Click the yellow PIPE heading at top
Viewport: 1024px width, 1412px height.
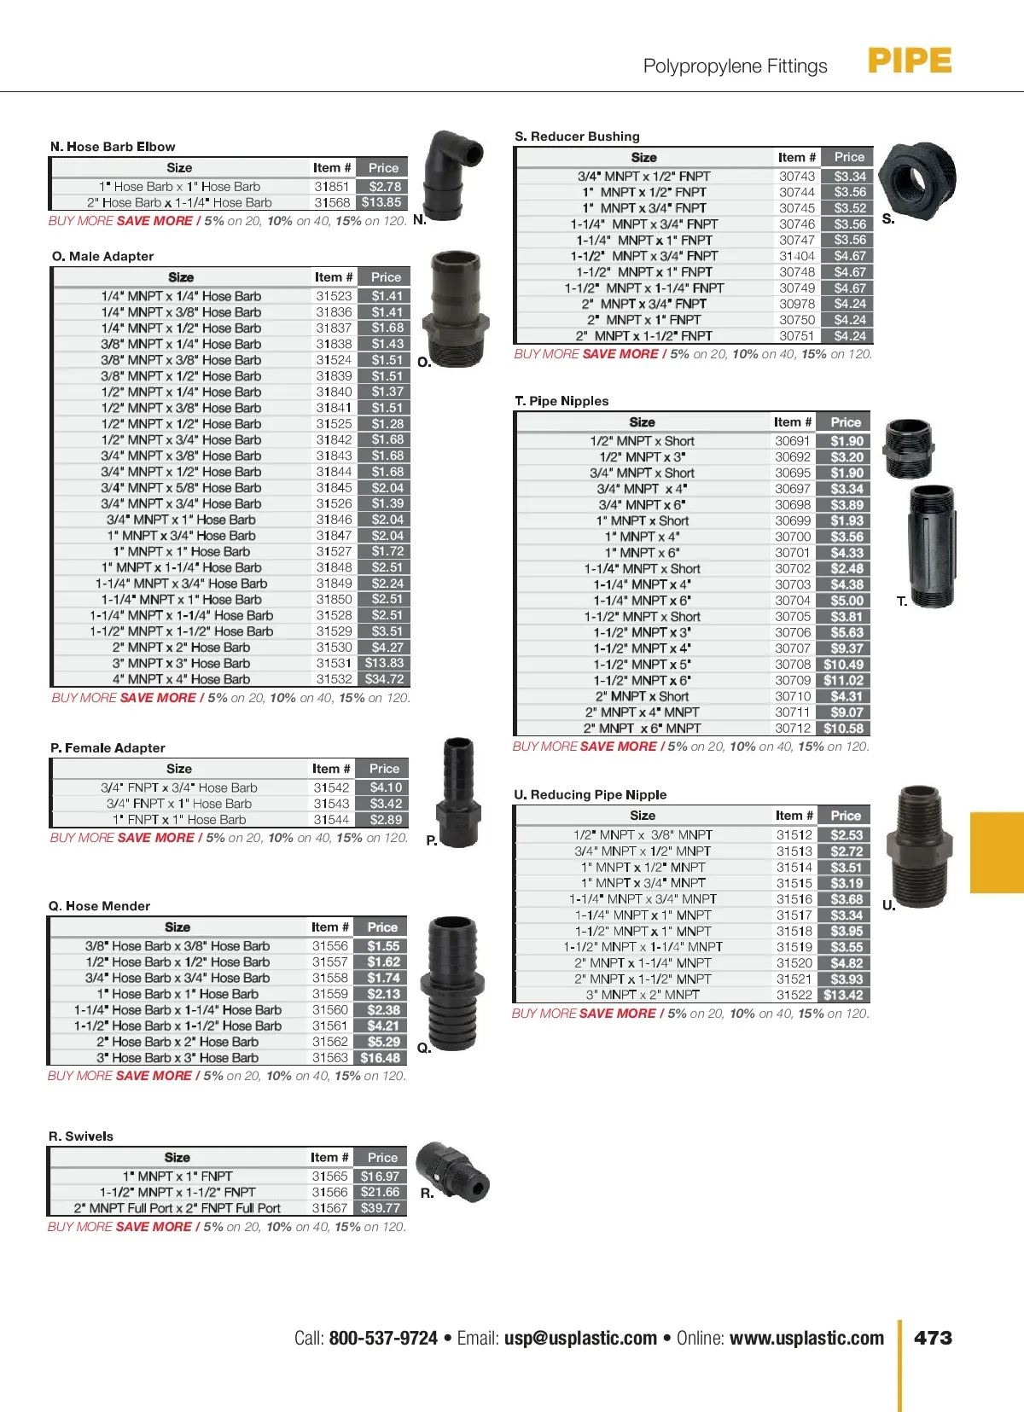910,61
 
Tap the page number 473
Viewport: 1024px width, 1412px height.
933,1338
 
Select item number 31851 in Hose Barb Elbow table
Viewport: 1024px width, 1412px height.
332,187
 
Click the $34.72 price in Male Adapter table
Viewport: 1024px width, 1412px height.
384,679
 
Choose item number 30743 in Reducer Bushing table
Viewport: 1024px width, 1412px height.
797,177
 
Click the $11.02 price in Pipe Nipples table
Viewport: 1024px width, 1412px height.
843,681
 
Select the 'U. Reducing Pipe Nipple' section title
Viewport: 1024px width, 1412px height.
591,795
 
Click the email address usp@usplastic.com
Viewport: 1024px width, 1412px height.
580,1338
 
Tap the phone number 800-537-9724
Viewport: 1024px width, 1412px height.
383,1338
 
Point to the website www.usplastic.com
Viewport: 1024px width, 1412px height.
806,1338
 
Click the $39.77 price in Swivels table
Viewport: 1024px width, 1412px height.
381,1208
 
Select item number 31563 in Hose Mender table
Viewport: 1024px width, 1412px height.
330,1058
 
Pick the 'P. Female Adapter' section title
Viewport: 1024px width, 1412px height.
108,748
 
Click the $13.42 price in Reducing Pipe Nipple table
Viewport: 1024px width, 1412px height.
843,996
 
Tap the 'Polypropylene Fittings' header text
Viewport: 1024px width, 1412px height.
735,67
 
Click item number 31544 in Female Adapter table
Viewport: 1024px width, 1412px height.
331,820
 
